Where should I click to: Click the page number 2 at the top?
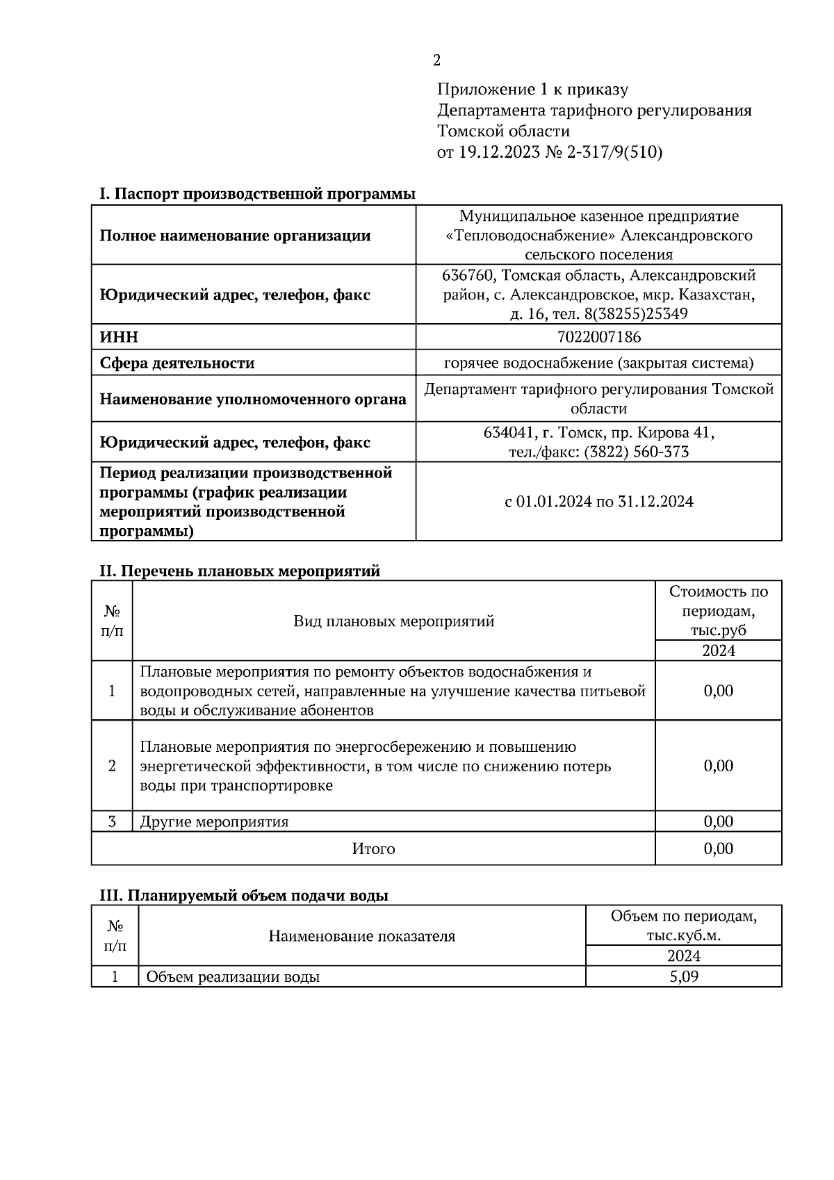click(x=436, y=61)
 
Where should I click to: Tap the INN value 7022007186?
click(x=598, y=338)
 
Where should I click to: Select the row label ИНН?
click(x=119, y=338)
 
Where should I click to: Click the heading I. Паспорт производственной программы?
click(x=257, y=194)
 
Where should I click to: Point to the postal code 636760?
click(x=468, y=276)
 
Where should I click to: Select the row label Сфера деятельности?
click(x=177, y=363)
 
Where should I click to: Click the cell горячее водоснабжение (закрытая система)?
click(x=598, y=363)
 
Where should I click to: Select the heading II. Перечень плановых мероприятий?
click(x=240, y=571)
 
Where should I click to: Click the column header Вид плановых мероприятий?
click(x=393, y=621)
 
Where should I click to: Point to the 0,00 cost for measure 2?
click(x=718, y=766)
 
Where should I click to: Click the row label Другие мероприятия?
click(x=214, y=822)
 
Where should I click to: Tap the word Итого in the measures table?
click(x=373, y=849)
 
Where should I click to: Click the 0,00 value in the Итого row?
click(x=718, y=849)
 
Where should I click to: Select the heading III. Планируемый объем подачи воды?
click(x=243, y=896)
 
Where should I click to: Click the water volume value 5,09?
click(x=683, y=977)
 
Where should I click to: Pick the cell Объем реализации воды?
click(x=233, y=977)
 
